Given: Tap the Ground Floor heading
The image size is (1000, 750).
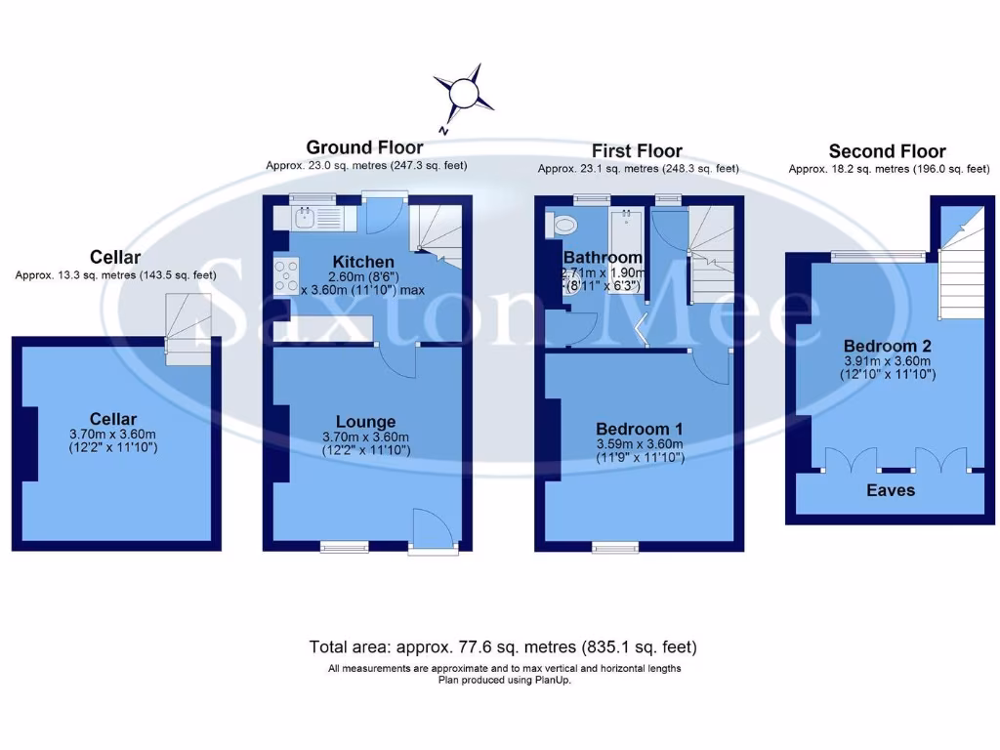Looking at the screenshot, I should click(x=365, y=147).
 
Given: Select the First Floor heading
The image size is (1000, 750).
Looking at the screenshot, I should click(x=637, y=150).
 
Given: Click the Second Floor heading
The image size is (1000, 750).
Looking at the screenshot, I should click(x=887, y=151).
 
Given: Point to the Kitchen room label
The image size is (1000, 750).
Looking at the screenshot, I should click(x=363, y=262).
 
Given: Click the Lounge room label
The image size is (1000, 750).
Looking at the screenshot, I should click(x=365, y=422).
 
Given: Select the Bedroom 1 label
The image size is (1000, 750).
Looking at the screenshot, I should click(x=639, y=429).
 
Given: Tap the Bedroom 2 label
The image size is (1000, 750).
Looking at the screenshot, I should click(x=887, y=346).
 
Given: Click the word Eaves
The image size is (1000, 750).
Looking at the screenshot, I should click(x=891, y=489).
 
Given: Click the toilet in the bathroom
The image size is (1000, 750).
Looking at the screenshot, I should click(x=562, y=225).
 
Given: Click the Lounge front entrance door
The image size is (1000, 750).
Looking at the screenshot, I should click(x=432, y=532).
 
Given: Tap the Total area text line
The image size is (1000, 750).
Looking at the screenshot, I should click(x=503, y=646).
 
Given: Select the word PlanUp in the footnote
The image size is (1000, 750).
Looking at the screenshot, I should click(x=552, y=680).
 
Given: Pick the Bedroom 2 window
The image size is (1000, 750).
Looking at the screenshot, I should click(x=877, y=256).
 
